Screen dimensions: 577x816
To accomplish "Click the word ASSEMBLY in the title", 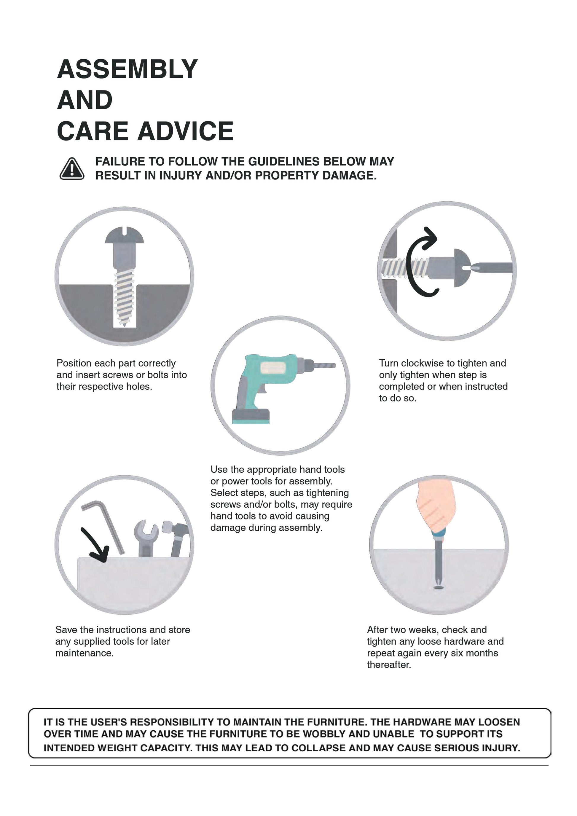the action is point(127,69).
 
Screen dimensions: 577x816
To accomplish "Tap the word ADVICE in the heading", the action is point(186,131).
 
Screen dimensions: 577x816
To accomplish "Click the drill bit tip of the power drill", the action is point(334,365).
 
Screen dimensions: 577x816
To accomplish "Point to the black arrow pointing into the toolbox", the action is point(95,544).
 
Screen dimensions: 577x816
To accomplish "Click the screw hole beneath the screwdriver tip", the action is point(439,588).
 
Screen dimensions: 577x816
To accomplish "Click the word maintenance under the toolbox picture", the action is point(85,653).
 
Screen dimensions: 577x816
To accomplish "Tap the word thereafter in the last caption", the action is point(389,664).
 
